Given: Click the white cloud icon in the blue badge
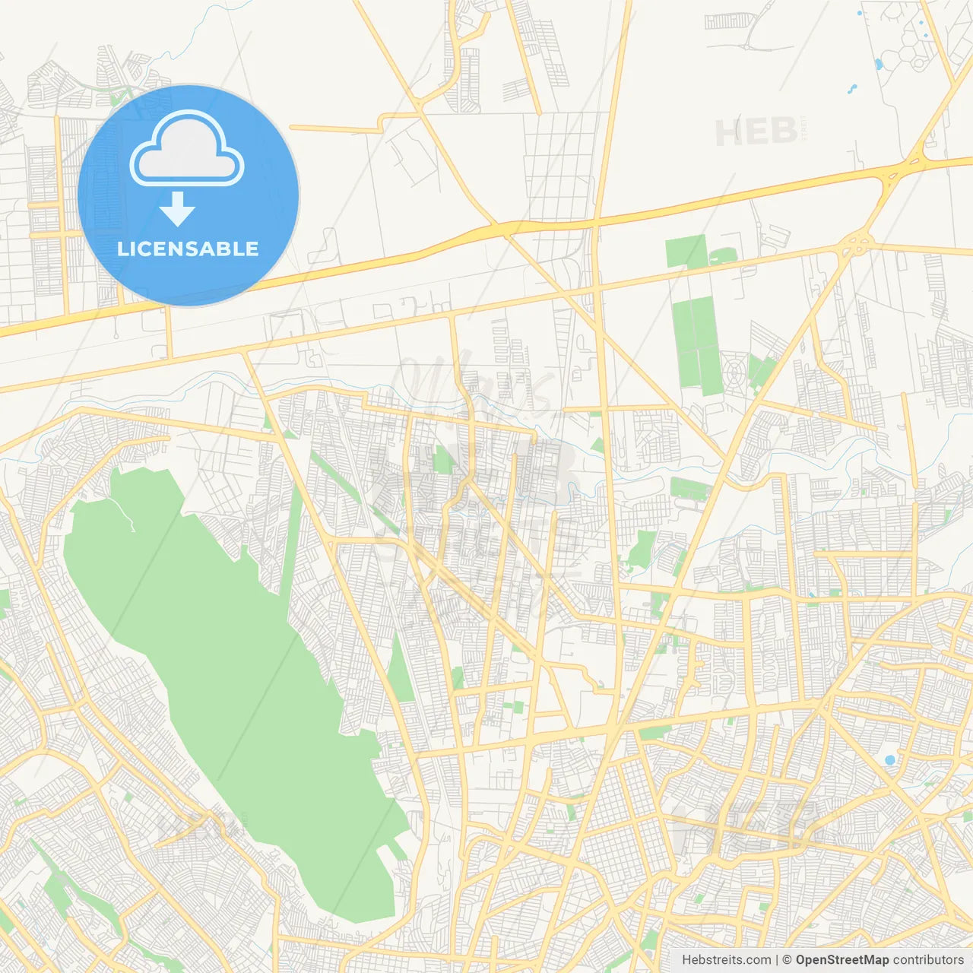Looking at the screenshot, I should (x=187, y=148).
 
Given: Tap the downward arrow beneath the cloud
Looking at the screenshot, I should (x=177, y=209).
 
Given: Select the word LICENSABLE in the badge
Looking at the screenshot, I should (x=188, y=249).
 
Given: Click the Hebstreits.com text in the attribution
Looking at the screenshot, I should (x=726, y=960).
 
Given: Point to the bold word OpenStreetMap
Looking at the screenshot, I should (x=841, y=960).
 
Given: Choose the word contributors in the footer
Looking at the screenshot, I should (x=928, y=960).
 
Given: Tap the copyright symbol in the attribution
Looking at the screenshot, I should (x=788, y=960).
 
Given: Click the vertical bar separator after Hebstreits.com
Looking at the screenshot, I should (x=778, y=960).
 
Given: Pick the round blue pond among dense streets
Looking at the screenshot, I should (x=889, y=760).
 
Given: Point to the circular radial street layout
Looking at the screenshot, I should (x=734, y=372).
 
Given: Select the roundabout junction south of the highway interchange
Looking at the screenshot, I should (x=858, y=245).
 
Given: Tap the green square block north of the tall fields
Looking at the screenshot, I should (x=686, y=252).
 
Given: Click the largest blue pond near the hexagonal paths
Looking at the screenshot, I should (x=880, y=64).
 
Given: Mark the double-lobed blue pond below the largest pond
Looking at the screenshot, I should (x=851, y=89).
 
